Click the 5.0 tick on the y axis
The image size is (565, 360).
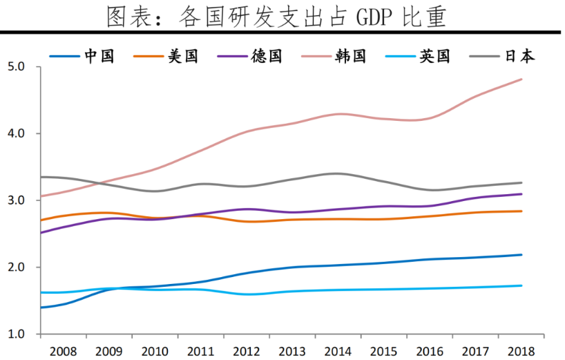17,67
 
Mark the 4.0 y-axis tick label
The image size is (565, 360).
17,133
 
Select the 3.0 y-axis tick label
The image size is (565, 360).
17,200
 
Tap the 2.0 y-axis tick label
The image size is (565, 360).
17,267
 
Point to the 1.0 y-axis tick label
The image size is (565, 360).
17,334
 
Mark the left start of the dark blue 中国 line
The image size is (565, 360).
41,307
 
